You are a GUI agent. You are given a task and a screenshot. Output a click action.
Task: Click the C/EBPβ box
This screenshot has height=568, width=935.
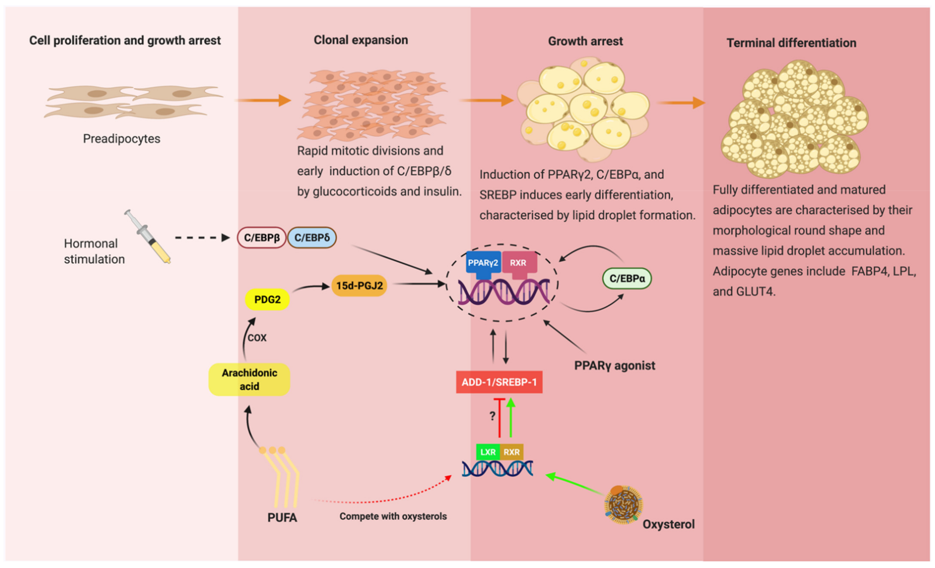[x=261, y=238]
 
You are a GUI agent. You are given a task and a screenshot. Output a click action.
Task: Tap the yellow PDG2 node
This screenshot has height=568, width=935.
[x=267, y=299]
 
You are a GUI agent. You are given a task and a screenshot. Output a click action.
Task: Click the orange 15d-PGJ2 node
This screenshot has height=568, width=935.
[x=359, y=285]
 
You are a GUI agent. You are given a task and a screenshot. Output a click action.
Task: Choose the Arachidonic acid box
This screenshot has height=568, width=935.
[x=249, y=380]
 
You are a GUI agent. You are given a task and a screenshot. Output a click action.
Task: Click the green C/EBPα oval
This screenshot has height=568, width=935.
[x=627, y=278]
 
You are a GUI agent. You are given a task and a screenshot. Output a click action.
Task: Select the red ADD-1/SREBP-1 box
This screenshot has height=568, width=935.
[x=499, y=382]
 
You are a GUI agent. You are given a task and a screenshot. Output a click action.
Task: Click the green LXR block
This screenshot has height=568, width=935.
[x=488, y=452]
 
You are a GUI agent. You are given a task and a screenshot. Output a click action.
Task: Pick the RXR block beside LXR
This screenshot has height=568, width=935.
[x=512, y=452]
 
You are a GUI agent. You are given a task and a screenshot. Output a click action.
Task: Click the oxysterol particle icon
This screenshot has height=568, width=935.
[x=623, y=505]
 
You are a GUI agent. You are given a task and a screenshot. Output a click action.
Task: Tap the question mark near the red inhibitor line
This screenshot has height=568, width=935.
[x=492, y=416]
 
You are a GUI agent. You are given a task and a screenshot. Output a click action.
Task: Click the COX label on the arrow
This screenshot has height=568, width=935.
[x=257, y=337]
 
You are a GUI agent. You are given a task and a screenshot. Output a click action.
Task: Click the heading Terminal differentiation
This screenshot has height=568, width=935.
[x=791, y=43]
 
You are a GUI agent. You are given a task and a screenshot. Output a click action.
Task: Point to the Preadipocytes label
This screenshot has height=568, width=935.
[x=121, y=139]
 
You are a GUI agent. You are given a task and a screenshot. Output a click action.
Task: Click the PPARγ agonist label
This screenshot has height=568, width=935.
[x=614, y=365]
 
